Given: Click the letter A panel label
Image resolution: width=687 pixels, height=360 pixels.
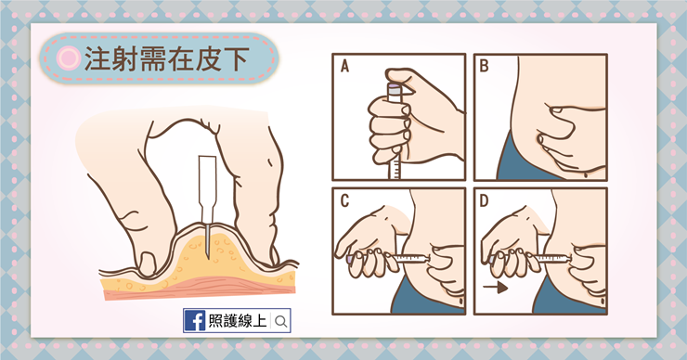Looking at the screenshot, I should tap(344, 66).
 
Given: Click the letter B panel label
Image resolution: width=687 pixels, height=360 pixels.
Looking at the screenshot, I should tap(484, 66).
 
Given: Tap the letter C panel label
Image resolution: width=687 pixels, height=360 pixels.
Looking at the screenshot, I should tap(344, 200).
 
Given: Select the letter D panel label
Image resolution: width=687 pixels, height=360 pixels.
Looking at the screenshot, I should tap(484, 200).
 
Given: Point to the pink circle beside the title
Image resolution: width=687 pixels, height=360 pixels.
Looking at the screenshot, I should tap(67, 58).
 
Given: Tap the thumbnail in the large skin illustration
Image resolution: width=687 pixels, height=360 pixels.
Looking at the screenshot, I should tap(142, 255).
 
